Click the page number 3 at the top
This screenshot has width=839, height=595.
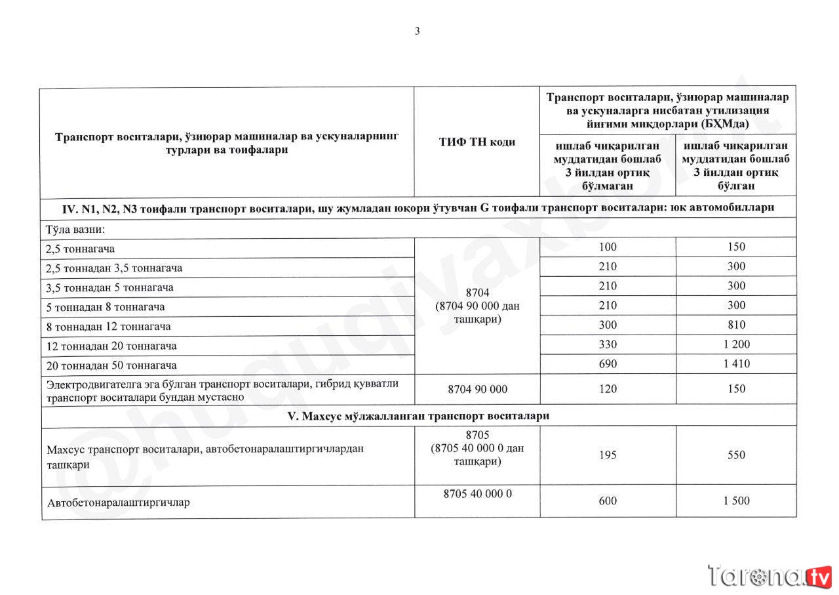(x=417, y=31)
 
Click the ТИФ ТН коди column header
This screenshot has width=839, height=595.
(x=477, y=142)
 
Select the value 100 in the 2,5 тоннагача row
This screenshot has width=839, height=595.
(x=608, y=247)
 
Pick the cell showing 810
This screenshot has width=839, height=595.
(x=736, y=325)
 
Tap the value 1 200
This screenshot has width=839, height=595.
(x=736, y=344)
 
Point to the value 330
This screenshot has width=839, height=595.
(x=608, y=344)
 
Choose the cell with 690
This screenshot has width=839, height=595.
(x=608, y=363)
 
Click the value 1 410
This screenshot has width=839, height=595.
(x=736, y=363)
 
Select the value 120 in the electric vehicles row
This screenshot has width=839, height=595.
(x=608, y=389)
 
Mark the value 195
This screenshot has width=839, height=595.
(x=608, y=455)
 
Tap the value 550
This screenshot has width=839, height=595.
(x=736, y=455)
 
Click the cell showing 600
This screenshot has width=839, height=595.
(x=608, y=501)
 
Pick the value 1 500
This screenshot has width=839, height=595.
(x=736, y=501)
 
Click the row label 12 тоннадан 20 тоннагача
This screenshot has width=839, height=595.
(x=111, y=346)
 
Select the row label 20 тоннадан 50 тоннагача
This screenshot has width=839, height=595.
(x=111, y=365)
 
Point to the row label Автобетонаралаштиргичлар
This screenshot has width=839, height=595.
(x=119, y=503)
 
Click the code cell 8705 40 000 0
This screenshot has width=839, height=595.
(x=477, y=494)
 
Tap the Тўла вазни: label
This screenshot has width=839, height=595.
(x=76, y=230)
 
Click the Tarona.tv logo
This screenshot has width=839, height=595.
(x=770, y=576)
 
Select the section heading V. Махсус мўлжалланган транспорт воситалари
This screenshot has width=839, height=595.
(x=419, y=416)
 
